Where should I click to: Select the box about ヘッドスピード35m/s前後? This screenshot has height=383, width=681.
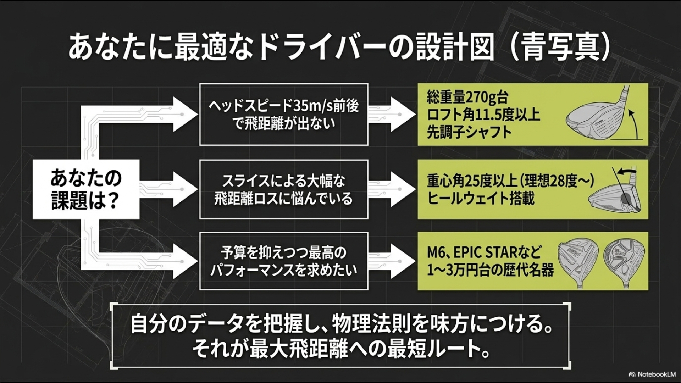[284, 115]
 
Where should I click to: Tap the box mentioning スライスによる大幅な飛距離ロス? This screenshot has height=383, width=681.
[284, 189]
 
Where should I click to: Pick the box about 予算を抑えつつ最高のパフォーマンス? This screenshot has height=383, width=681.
[284, 261]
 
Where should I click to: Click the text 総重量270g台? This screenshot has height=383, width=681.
[467, 98]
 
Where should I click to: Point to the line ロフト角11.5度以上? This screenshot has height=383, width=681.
[483, 115]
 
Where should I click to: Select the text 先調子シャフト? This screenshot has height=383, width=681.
[469, 132]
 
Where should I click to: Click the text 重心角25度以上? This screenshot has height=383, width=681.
[472, 181]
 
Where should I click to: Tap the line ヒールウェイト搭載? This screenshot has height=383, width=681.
[481, 199]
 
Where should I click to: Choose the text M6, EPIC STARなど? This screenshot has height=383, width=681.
[484, 253]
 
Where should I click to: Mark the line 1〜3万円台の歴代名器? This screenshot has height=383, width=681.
[490, 271]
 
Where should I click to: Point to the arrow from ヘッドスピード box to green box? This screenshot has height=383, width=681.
[392, 115]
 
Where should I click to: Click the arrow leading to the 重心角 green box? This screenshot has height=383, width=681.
[392, 189]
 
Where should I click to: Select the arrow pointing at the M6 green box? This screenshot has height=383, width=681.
[392, 261]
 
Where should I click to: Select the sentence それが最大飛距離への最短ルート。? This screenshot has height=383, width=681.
[341, 349]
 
